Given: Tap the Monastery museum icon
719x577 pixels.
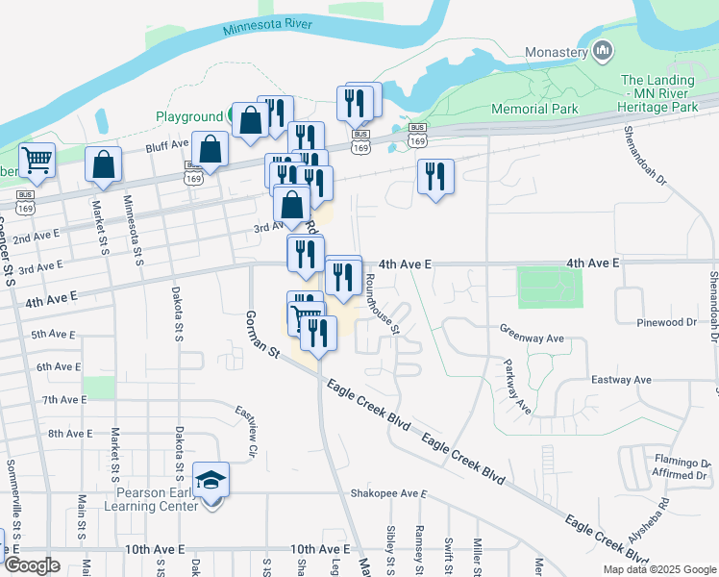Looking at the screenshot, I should [x=604, y=50].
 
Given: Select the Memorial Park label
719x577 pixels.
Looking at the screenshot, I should [x=534, y=109].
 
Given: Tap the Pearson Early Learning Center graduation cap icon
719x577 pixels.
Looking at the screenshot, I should [x=211, y=478].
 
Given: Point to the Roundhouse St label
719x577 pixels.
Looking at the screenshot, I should [x=382, y=302].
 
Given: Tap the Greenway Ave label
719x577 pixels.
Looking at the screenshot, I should [x=532, y=339].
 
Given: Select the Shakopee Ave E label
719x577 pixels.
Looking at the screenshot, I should [x=387, y=493].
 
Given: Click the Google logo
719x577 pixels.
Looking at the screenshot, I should [x=31, y=565].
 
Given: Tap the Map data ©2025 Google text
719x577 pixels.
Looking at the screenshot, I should [x=658, y=569].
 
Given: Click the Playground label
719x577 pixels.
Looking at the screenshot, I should [x=189, y=116].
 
